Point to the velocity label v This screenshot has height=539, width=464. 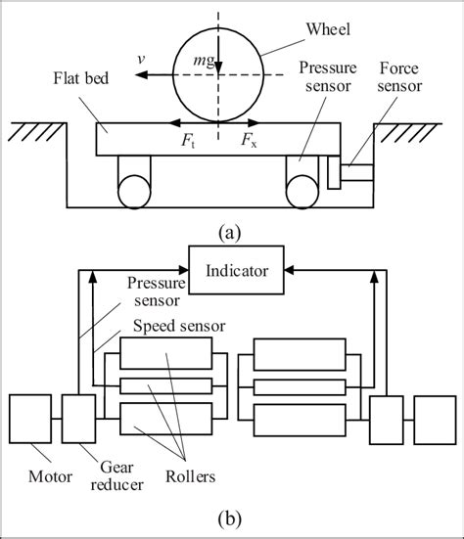point(144,58)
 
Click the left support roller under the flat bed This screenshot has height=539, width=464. point(136,184)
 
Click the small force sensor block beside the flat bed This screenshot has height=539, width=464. point(333,177)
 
